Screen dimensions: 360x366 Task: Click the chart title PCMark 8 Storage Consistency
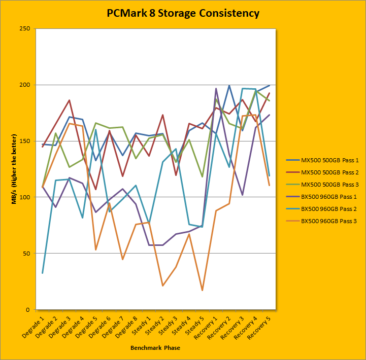point(183,13)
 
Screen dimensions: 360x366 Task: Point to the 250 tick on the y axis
point(23,29)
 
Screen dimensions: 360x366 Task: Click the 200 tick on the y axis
point(23,85)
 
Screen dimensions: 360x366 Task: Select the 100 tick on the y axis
point(23,197)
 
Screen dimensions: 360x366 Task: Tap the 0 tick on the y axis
point(27,310)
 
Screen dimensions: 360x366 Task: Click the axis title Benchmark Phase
point(155,348)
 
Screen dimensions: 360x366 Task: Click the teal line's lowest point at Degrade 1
point(42,273)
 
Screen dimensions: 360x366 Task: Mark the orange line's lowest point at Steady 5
point(203,291)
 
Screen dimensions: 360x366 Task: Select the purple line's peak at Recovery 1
point(216,89)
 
